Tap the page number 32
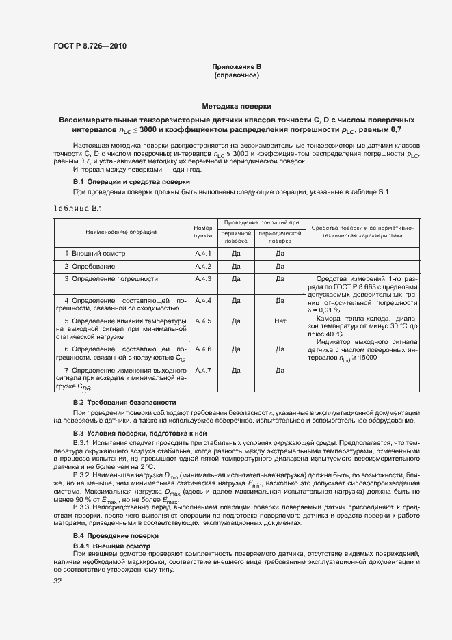coord(58,581)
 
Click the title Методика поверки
coord(237,107)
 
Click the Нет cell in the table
coord(280,321)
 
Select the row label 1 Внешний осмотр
coord(94,254)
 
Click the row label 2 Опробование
coord(90,266)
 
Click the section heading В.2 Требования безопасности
coord(124,402)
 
